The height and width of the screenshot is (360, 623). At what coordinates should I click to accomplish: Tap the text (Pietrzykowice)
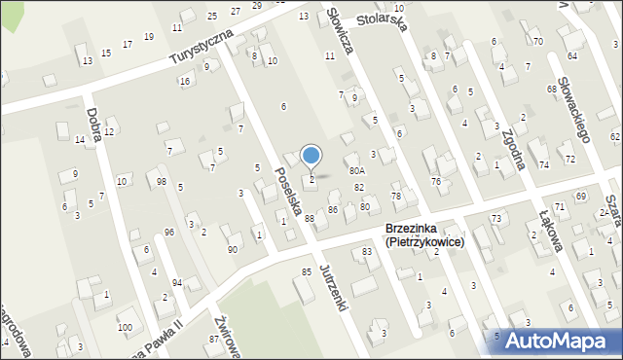424,241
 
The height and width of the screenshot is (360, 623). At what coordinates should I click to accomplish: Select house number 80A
357,170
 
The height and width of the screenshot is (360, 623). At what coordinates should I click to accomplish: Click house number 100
125,327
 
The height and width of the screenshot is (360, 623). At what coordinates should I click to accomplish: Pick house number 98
162,182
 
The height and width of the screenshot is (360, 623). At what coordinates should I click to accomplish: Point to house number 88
310,219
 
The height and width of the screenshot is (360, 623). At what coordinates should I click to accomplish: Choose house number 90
233,250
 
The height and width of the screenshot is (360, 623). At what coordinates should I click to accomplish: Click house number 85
306,271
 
